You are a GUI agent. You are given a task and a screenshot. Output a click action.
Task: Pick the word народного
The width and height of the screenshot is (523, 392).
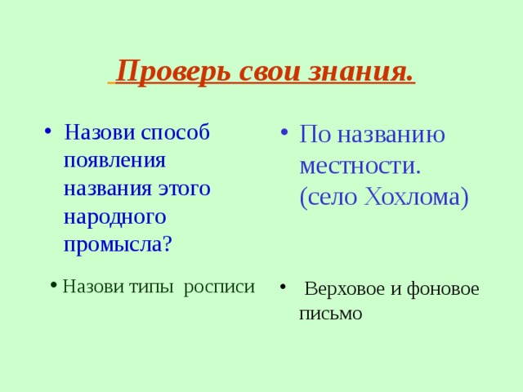(114, 216)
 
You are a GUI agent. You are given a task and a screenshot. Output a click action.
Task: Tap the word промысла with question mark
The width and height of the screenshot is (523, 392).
(118, 244)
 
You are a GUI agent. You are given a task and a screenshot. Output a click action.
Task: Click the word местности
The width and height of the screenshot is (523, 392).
(360, 166)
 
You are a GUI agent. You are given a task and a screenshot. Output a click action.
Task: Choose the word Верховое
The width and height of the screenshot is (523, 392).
(344, 289)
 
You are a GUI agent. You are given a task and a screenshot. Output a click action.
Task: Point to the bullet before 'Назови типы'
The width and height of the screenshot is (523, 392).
(52, 284)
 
